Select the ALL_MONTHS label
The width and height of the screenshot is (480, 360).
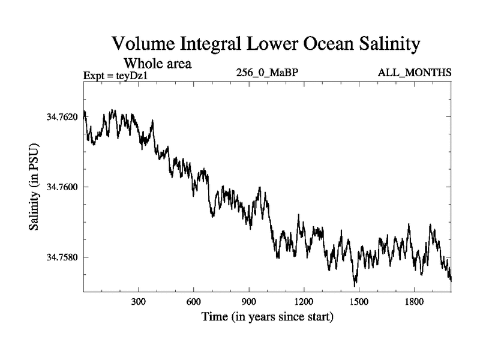tap(414, 73)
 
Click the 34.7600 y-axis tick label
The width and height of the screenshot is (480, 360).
tap(61, 187)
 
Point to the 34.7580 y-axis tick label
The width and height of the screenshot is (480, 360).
tap(61, 257)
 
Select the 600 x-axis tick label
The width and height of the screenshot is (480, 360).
tap(194, 301)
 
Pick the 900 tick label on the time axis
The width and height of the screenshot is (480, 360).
tap(249, 301)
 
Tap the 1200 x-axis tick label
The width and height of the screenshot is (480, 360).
tap(304, 301)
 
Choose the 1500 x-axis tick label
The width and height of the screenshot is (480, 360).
tap(359, 301)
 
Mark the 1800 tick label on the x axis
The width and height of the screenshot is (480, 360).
tap(414, 301)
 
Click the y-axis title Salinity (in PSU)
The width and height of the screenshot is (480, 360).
tap(34, 187)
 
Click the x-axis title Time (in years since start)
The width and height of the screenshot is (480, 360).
tap(266, 316)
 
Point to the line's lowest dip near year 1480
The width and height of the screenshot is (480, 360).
tap(355, 284)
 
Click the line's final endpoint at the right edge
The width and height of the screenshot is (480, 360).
tap(451, 280)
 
